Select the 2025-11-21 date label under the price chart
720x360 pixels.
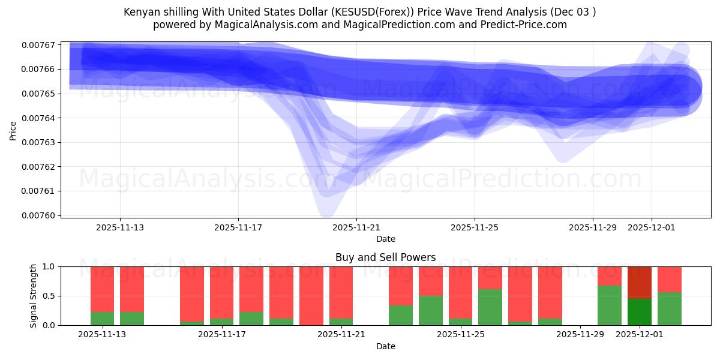356,228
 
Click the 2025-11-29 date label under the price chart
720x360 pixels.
593,228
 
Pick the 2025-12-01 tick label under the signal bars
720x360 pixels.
640,335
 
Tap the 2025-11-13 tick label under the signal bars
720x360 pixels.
102,335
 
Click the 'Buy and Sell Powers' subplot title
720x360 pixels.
386,258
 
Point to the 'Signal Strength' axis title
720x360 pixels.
34,296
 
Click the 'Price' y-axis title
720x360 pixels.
13,130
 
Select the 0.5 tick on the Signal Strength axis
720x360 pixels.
48,296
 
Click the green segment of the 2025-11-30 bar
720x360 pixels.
610,305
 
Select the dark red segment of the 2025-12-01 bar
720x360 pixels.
640,282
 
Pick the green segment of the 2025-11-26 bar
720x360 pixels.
490,307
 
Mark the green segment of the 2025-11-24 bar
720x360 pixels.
431,310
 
